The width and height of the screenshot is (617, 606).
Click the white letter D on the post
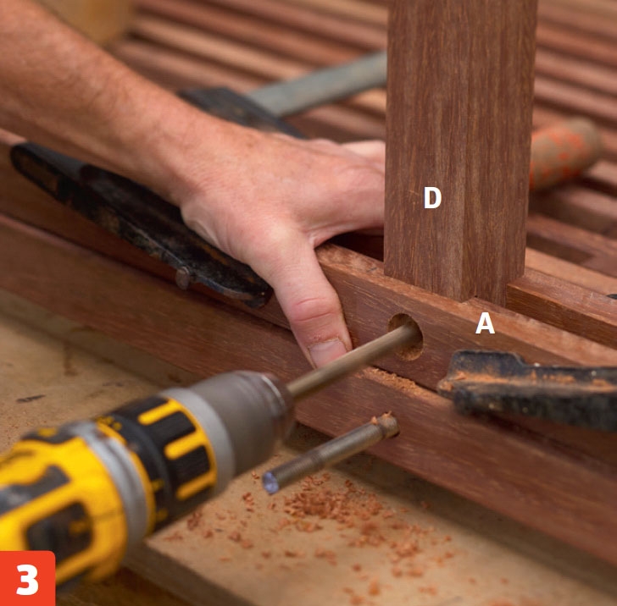(432, 197)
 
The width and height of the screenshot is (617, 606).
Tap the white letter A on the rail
(485, 323)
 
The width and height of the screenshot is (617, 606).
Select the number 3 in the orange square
(27, 579)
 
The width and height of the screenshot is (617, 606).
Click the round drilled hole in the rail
(405, 337)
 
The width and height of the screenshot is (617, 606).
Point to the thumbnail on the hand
(327, 351)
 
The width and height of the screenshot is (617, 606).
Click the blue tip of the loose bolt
(271, 483)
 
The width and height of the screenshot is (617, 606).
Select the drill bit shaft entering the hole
(353, 361)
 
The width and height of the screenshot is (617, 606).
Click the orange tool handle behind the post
(564, 153)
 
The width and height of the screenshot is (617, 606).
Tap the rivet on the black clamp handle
(183, 278)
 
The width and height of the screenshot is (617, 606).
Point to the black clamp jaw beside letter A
(527, 389)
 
